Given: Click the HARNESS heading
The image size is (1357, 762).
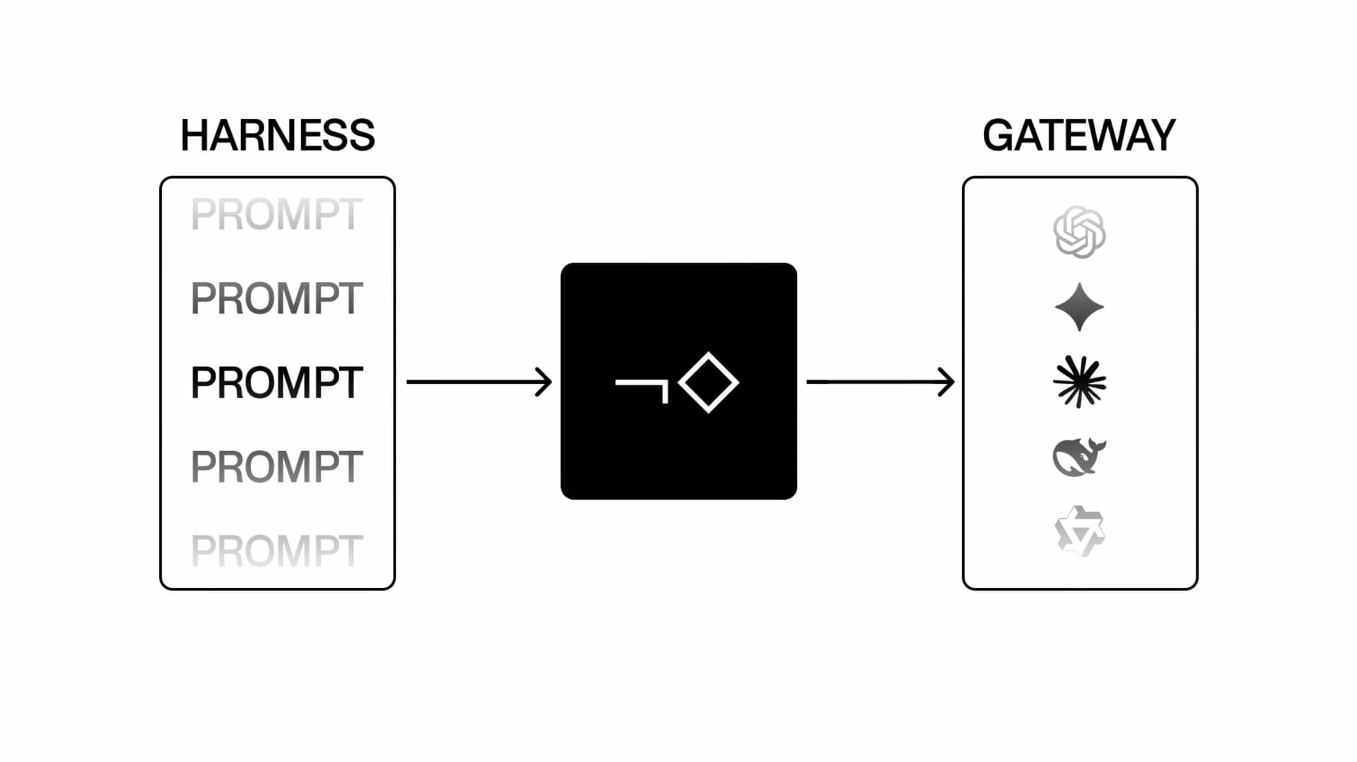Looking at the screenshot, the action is (278, 135).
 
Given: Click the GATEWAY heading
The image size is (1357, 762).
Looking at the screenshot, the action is (1079, 135).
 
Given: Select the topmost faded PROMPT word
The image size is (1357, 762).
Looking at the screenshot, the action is (277, 214).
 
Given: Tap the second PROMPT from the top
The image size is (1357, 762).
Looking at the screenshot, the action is (277, 298).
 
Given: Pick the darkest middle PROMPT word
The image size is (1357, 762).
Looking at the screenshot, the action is (277, 382).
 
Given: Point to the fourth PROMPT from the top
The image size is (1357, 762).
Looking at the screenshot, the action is (277, 467).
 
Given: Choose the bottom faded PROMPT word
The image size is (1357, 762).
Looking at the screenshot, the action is (277, 551).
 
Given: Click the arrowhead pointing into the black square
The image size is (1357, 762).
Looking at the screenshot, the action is (544, 382).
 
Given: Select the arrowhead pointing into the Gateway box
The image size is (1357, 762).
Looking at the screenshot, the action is (947, 382).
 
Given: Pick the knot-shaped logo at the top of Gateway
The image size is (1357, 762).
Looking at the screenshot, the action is (1079, 232).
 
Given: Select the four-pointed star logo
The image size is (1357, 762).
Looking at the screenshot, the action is (1079, 307).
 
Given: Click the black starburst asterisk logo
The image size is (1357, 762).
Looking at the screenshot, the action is (1079, 382).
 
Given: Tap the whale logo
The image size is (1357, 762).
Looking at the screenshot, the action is (1079, 457).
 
